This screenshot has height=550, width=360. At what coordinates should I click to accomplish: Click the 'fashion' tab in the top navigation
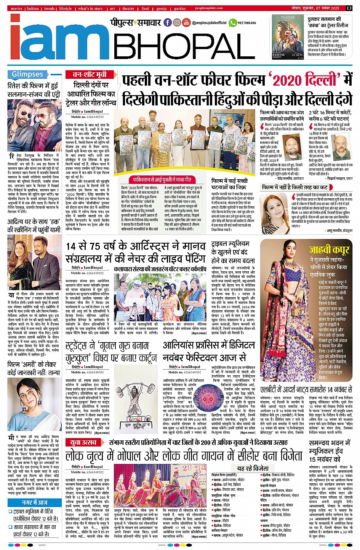(32, 8)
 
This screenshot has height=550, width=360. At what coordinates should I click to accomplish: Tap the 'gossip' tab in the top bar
(162, 8)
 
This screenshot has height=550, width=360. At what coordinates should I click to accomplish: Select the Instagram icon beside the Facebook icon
(177, 22)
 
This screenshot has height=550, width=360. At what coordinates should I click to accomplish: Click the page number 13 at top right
(349, 8)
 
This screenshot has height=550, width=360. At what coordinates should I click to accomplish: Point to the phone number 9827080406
(247, 23)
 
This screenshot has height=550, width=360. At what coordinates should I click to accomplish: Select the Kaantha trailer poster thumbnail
(288, 37)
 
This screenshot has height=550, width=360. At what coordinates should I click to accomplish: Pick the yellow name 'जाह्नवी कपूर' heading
(329, 250)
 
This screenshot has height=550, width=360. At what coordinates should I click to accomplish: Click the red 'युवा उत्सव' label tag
(83, 442)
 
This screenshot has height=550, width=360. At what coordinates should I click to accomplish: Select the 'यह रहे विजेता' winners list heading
(253, 468)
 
